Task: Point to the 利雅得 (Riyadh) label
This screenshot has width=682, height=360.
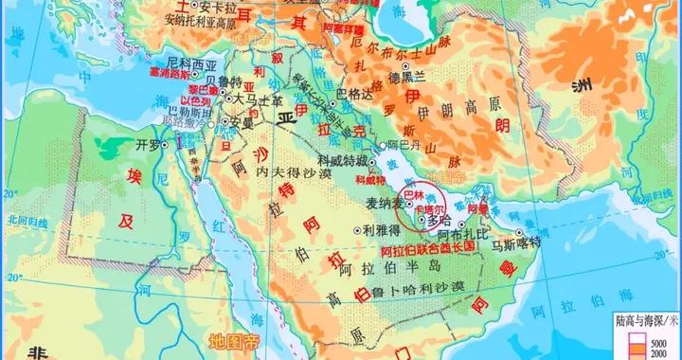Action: (x=381, y=229)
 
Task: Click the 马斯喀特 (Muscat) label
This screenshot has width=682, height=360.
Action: (x=515, y=243)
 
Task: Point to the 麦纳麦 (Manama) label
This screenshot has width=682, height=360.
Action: (x=382, y=203)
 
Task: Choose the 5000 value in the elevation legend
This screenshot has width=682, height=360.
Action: (x=664, y=341)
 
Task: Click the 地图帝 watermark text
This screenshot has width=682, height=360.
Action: (x=232, y=341)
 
